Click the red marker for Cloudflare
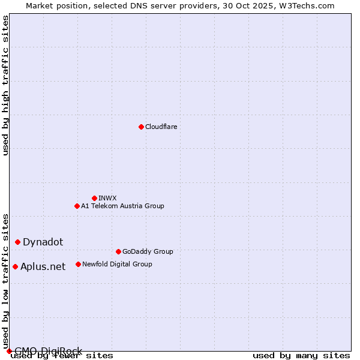click(141, 127)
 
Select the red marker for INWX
click(94, 198)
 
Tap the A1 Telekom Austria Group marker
click(77, 206)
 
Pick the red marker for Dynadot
click(17, 242)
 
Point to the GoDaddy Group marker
click(118, 251)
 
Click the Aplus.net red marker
click(15, 266)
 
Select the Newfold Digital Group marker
click(78, 264)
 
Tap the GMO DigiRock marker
click(9, 351)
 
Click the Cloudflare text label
click(161, 127)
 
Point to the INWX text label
click(107, 198)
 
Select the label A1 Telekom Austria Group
click(122, 206)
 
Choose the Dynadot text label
click(43, 242)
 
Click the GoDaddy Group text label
click(148, 251)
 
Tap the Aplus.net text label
click(43, 266)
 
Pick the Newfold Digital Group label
click(117, 264)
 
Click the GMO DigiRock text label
click(48, 351)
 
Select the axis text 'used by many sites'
click(301, 355)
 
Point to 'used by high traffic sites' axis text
click(6, 85)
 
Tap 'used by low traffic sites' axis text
click(6, 282)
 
